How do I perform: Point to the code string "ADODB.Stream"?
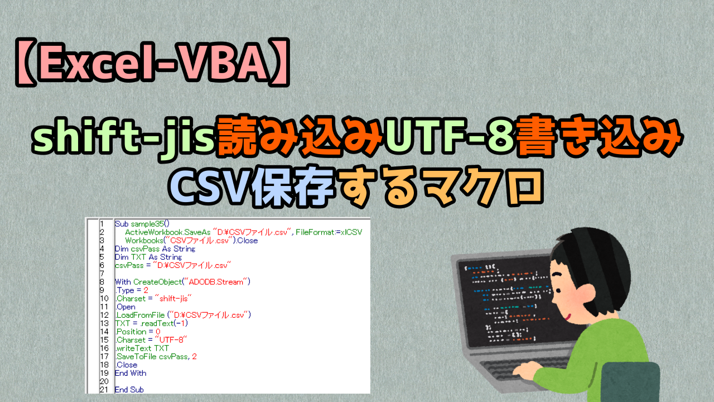tap(220, 282)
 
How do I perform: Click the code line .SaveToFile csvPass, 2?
tap(156, 357)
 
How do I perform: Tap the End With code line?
tap(131, 373)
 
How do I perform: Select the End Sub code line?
tap(129, 390)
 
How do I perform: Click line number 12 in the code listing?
tap(104, 315)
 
